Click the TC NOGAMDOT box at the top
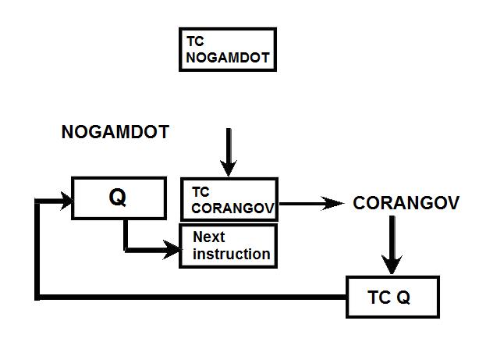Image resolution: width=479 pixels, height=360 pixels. tap(228, 49)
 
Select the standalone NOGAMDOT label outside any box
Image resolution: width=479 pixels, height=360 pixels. tap(115, 133)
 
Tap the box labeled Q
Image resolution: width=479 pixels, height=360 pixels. tap(118, 198)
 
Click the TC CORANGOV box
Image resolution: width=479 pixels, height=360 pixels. tap(229, 201)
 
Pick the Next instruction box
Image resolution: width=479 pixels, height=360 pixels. tap(229, 246)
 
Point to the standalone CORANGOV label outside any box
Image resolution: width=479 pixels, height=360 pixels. tap(405, 203)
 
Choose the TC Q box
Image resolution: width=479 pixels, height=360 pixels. tap(392, 297)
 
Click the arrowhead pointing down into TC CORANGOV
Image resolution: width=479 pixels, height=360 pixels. tap(228, 166)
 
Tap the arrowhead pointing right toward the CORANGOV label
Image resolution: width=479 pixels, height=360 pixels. tap(335, 203)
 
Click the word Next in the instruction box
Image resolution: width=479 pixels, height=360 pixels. tap(208, 237)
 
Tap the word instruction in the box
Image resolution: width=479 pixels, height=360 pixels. tap(232, 254)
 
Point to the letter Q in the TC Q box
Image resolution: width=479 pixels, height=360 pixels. tap(406, 298)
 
